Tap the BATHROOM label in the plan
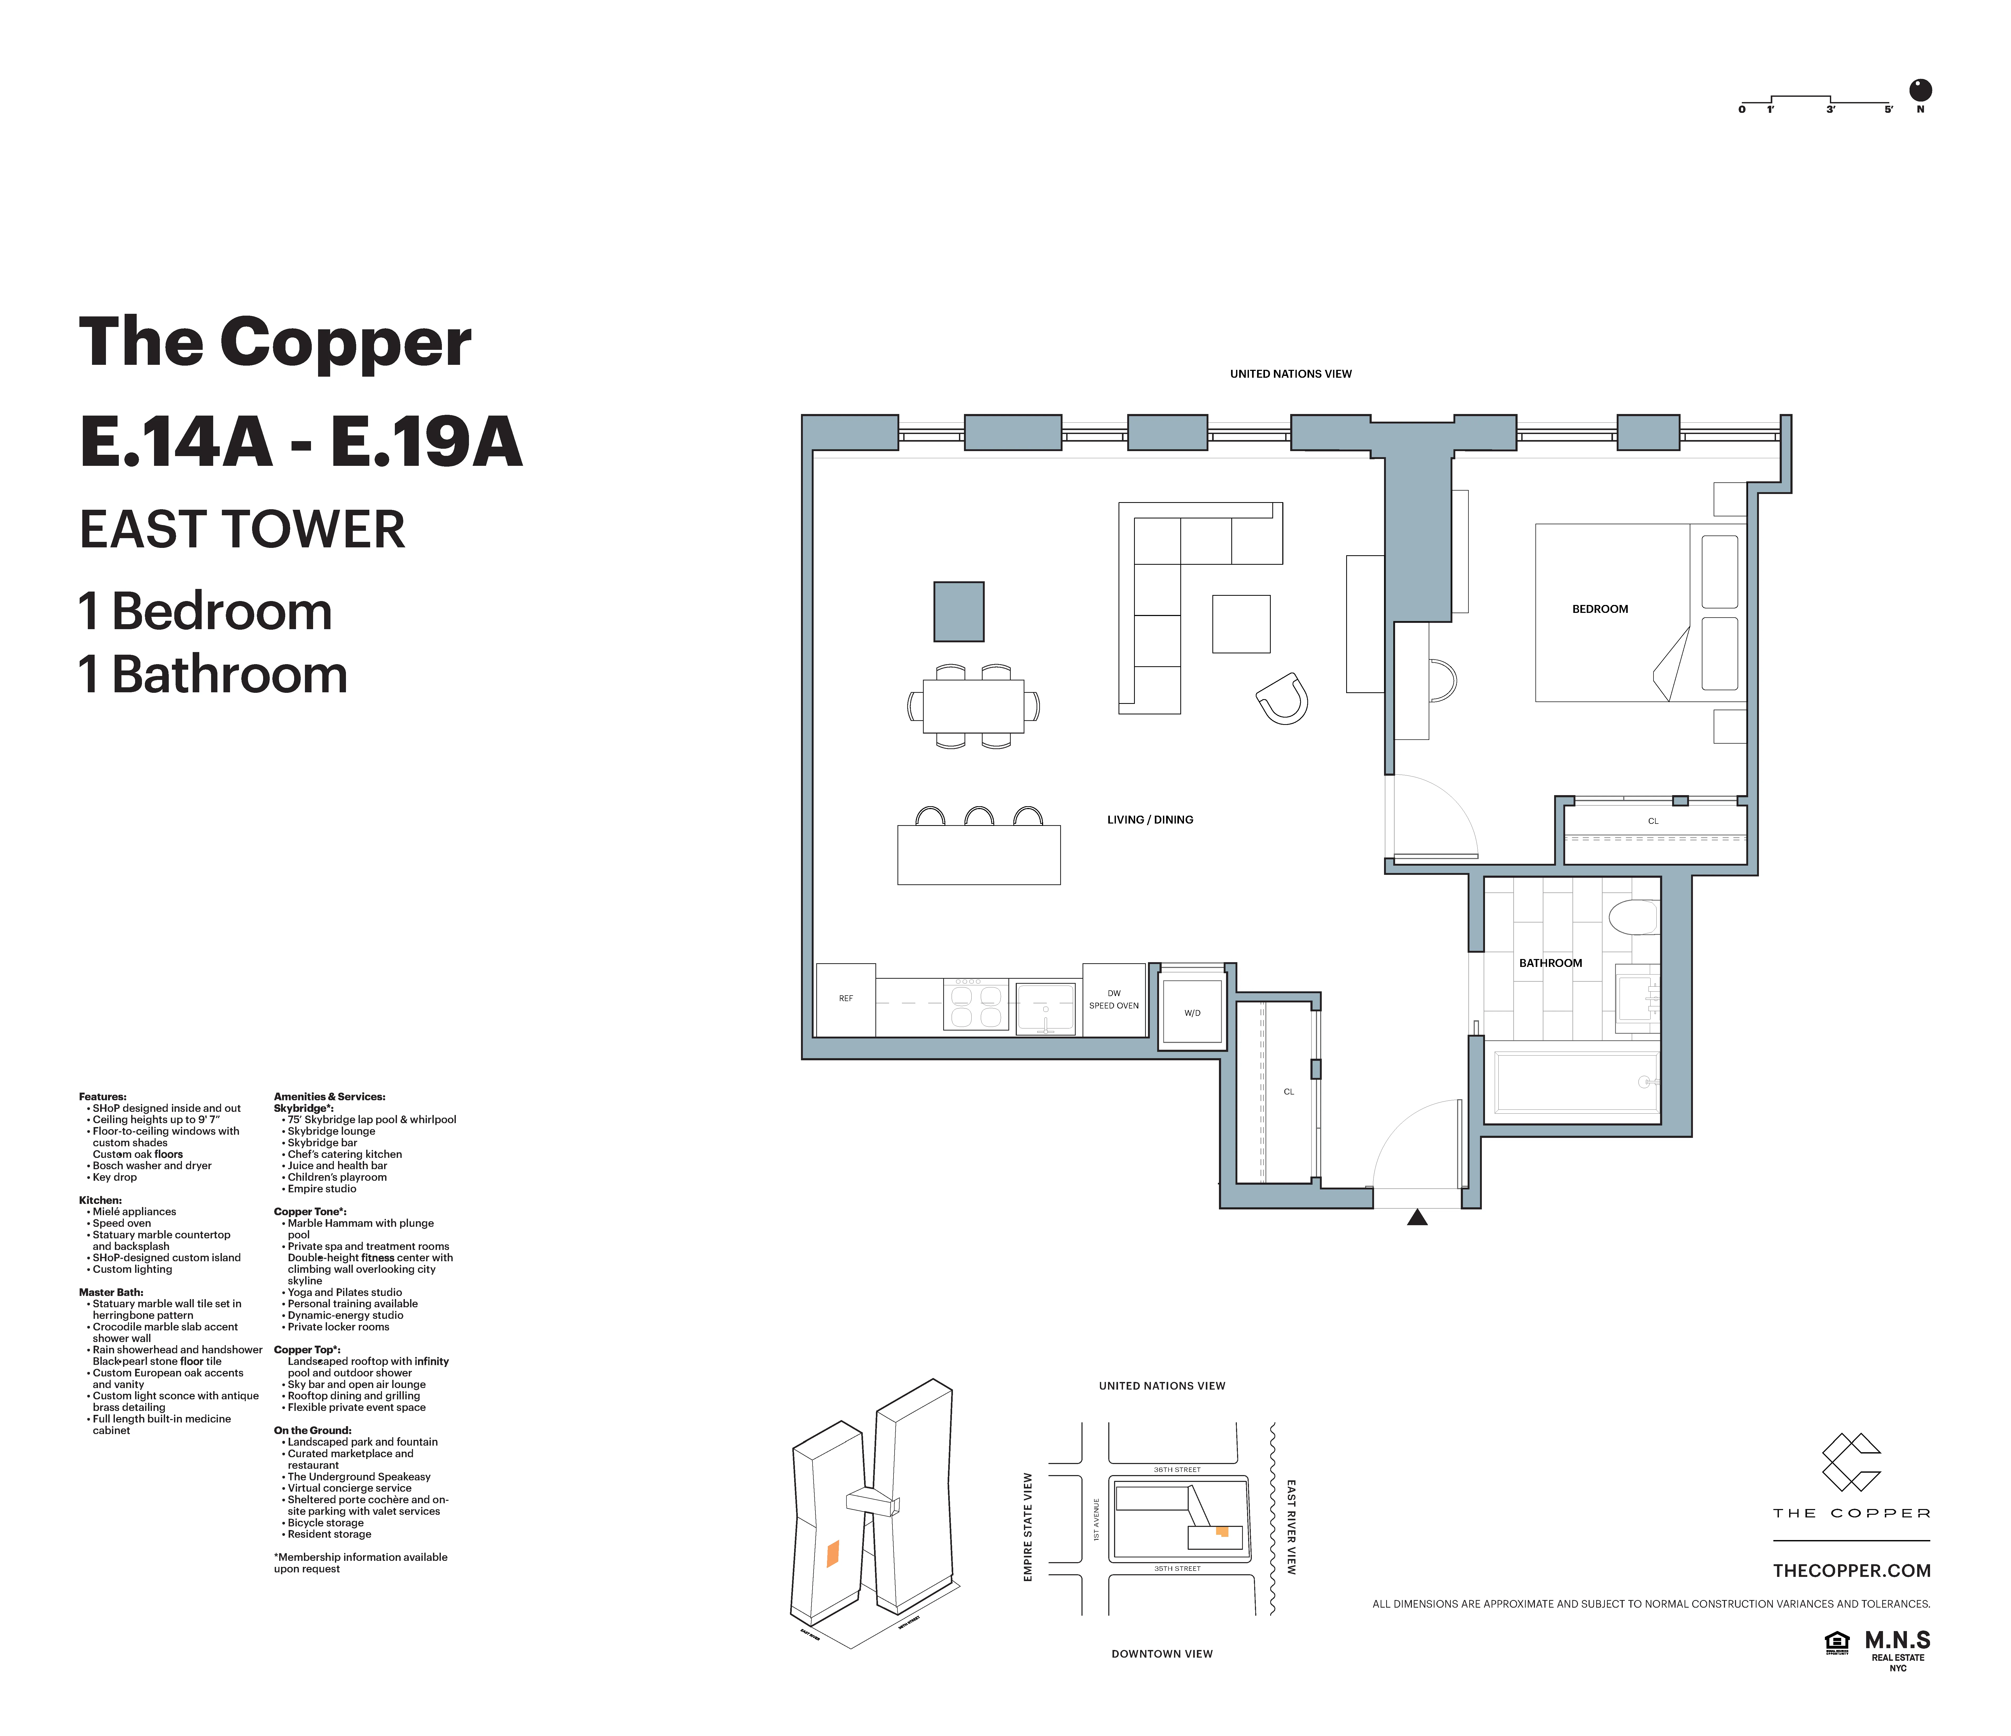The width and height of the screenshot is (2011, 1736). pyautogui.click(x=1550, y=963)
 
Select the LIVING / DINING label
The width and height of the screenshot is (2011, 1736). pyautogui.click(x=1150, y=819)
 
